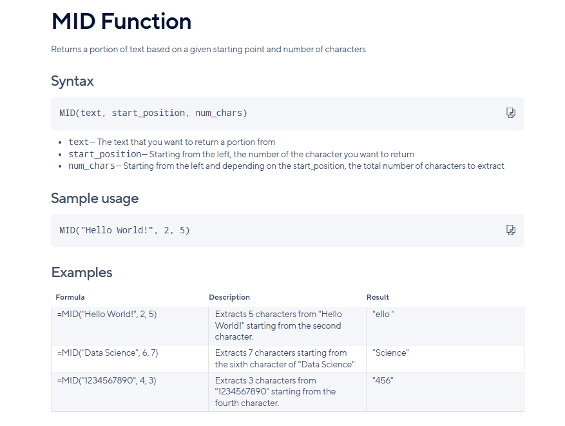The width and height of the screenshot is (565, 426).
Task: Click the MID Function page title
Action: [x=121, y=21]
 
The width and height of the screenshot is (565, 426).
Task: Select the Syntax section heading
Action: [x=72, y=81]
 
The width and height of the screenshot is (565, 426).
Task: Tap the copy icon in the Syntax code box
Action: [x=511, y=113]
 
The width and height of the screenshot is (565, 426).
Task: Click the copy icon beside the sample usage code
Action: [x=511, y=230]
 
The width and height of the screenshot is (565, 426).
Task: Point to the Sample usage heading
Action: [x=95, y=198]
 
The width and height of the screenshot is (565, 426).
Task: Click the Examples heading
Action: [x=82, y=273]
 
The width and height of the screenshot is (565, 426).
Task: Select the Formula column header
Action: [x=70, y=297]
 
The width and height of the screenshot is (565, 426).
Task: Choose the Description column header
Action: [x=229, y=297]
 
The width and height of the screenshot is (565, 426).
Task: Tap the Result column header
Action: [x=378, y=297]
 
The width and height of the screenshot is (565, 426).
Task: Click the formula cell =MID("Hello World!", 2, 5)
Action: [x=107, y=315]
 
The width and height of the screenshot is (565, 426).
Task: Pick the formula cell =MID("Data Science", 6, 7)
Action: [x=108, y=353]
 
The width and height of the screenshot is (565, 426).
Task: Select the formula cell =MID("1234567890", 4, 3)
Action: [x=107, y=381]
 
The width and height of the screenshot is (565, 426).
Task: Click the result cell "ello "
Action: [x=383, y=315]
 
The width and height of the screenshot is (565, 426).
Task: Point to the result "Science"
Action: [x=391, y=353]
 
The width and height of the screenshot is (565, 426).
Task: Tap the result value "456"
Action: [x=383, y=381]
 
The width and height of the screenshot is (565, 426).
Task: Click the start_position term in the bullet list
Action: [x=105, y=154]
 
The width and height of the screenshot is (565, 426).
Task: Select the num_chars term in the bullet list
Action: [x=92, y=166]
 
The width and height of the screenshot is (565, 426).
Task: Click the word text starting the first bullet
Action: [x=79, y=142]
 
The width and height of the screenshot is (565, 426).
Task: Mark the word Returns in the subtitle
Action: [x=66, y=50]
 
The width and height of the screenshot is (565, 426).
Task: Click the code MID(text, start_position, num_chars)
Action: [x=153, y=113]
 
